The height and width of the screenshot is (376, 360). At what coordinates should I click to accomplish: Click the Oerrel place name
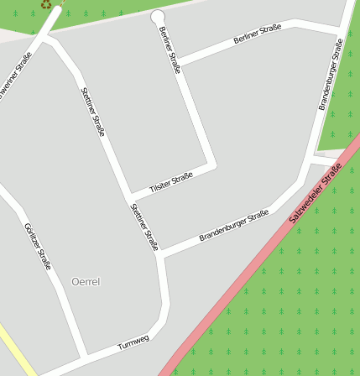click(86, 282)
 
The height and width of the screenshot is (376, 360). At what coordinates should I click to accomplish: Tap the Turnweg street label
click(133, 342)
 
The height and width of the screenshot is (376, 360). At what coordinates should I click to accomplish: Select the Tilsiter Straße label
click(171, 183)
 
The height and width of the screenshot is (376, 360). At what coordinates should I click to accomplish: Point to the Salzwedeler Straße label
click(316, 194)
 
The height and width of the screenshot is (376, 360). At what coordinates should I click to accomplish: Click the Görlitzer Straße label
click(39, 247)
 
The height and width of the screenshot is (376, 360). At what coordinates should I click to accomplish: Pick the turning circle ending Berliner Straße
click(157, 17)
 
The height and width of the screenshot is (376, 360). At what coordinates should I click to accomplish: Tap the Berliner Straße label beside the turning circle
click(170, 50)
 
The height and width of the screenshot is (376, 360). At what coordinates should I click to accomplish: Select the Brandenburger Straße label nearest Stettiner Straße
click(233, 227)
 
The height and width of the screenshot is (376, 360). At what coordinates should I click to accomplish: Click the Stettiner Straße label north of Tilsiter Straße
click(92, 112)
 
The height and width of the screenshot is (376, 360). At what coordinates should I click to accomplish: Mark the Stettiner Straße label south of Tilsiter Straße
click(144, 227)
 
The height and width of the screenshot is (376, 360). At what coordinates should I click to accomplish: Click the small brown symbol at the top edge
click(46, 4)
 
